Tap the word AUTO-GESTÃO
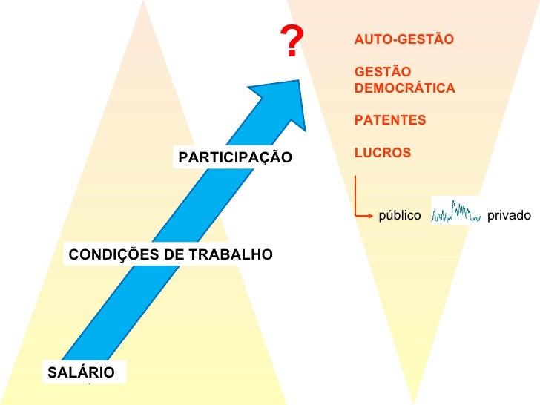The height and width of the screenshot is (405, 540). pyautogui.click(x=404, y=39)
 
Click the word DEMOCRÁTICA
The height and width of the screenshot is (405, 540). pyautogui.click(x=405, y=88)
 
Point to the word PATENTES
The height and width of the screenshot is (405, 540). pyautogui.click(x=391, y=120)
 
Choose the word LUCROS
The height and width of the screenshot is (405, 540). pyautogui.click(x=383, y=153)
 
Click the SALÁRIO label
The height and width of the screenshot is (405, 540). pyautogui.click(x=82, y=372)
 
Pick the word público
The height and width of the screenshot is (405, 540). pyautogui.click(x=400, y=216)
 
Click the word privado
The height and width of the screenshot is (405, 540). pyautogui.click(x=510, y=216)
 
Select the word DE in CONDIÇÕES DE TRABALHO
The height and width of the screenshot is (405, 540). pyautogui.click(x=171, y=255)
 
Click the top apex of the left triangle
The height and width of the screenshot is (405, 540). pyautogui.click(x=143, y=4)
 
